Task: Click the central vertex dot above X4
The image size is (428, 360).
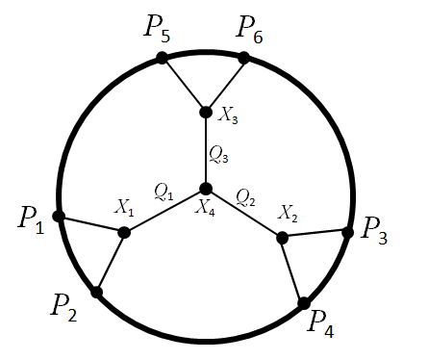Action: click(205, 188)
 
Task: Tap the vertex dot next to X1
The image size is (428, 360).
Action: click(124, 232)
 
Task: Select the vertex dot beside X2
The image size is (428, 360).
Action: click(283, 237)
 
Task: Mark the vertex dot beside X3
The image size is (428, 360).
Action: click(205, 112)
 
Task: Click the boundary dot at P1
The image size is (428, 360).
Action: click(59, 217)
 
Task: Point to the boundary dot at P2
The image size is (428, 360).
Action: click(97, 292)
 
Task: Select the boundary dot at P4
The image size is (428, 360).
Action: click(304, 303)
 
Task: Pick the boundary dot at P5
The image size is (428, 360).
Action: click(163, 59)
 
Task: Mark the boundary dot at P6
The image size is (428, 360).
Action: click(244, 58)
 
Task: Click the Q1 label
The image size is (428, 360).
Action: click(164, 193)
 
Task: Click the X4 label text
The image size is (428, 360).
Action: click(206, 207)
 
